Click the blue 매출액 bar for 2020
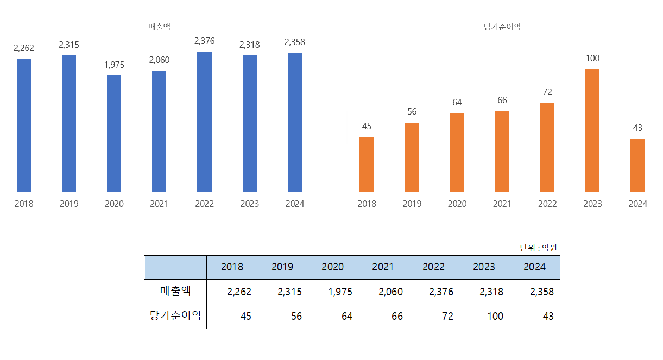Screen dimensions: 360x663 click(114, 134)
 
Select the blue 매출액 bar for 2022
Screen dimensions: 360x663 click(204, 122)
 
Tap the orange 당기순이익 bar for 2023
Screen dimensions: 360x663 click(592, 130)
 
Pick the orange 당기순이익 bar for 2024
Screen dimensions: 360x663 click(637, 165)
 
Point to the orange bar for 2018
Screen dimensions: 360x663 click(367, 165)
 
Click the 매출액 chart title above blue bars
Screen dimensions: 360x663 click(159, 27)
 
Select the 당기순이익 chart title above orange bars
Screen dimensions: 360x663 click(502, 27)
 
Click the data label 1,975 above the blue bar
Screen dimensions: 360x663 click(114, 65)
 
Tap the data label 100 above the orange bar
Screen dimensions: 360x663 click(592, 58)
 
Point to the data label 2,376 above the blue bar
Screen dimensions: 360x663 click(204, 41)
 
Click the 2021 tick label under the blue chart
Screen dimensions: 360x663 click(159, 204)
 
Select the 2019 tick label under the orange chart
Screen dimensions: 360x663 click(412, 204)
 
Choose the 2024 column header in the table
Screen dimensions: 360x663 click(534, 267)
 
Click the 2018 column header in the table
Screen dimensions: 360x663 click(232, 267)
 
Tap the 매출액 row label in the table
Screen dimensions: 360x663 click(175, 291)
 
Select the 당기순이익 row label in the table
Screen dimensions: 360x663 click(175, 315)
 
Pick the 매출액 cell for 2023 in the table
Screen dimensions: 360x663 click(491, 292)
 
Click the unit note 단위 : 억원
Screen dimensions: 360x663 click(538, 248)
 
